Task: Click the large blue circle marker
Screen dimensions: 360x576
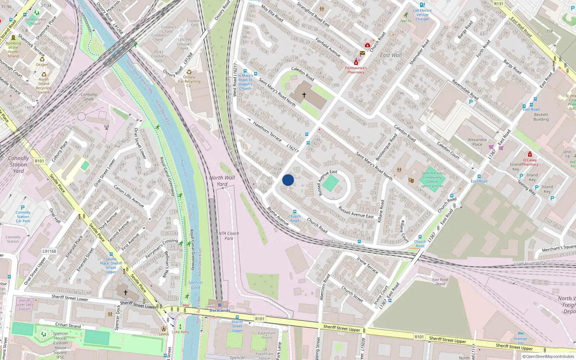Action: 288,180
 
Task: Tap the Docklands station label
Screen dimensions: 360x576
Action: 220,310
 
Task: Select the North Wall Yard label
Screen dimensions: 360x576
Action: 222,181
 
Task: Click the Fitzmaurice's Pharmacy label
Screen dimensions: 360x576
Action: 356,70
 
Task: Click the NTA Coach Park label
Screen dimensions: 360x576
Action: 229,236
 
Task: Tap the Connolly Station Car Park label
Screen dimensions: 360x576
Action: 23,217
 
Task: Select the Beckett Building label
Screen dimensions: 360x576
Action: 541,117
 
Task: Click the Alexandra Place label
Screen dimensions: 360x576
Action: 477,142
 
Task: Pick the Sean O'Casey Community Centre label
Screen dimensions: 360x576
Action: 432,179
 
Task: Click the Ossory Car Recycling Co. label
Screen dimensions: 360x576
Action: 189,81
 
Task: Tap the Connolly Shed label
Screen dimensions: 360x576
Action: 89,97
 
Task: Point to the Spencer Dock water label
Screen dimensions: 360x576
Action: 195,285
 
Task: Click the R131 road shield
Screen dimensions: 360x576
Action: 499,4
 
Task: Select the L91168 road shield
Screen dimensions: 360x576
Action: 49,251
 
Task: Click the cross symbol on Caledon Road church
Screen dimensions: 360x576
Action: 304,95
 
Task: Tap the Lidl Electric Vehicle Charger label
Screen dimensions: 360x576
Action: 422,15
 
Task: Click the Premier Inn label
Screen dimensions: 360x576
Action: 521,341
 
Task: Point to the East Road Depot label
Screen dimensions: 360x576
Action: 440,282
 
